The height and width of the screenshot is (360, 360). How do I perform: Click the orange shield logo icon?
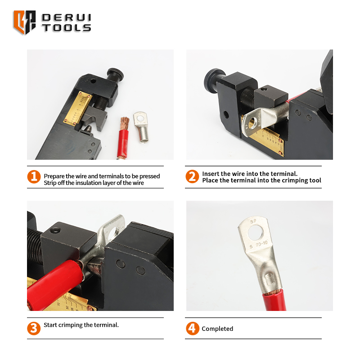pos(25,22)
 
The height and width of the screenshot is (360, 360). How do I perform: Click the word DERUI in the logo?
pos(67,18)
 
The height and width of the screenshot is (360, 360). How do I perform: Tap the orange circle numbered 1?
pos(34,177)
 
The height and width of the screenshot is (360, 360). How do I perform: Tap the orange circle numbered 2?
pos(192,176)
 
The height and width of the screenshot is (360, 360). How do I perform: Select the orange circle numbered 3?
pos(34,328)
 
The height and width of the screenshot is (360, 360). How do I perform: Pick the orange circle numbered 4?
pos(193,328)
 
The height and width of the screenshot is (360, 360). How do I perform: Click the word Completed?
pos(217,329)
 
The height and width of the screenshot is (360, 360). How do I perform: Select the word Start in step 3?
pos(50,325)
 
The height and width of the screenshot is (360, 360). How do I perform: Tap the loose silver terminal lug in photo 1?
pos(141,127)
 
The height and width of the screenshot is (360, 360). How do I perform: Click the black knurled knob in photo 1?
pos(116,73)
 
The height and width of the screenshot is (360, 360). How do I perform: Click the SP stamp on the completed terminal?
pos(253,221)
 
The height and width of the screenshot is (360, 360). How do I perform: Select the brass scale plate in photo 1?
pos(77,108)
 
